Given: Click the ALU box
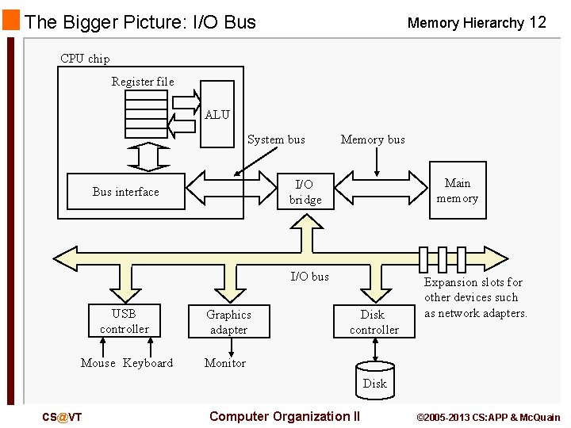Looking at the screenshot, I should point(217,114).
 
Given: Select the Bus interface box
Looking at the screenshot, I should point(125,192).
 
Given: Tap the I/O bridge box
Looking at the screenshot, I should point(305,192).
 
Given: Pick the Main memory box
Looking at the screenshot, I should point(457,191).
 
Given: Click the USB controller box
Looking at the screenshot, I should point(124,321).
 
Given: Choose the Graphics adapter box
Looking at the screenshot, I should point(228,322).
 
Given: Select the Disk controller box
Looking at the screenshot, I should point(374,322).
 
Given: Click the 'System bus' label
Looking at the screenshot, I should point(276,139).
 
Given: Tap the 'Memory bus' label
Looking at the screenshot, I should point(373,139).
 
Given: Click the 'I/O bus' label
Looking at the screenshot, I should point(309,276).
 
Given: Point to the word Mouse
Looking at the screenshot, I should point(98,363).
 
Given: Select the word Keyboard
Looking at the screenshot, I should point(148,363).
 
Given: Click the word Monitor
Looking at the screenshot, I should point(225,363).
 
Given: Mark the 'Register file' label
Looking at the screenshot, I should point(143,82).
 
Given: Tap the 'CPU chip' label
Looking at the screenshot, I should point(85,59).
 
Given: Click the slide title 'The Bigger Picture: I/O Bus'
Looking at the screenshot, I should point(140,22).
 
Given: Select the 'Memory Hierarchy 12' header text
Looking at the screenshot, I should point(477,23).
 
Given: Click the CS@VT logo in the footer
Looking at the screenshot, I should point(63,417).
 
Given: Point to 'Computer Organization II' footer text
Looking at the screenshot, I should point(285,416).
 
